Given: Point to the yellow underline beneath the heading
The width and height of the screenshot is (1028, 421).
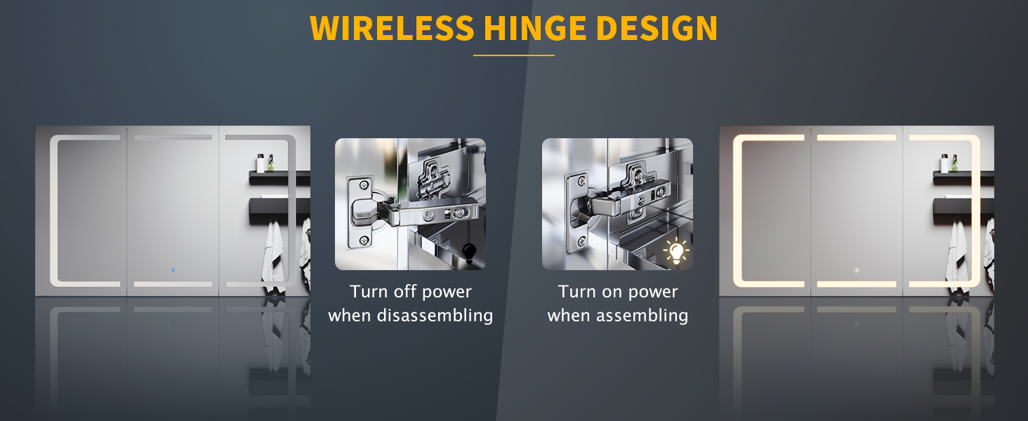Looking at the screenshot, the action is pyautogui.click(x=514, y=55).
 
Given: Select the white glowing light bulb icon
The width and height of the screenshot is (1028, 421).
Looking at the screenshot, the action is pyautogui.click(x=676, y=252).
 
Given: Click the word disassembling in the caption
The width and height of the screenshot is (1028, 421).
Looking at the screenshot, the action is pyautogui.click(x=435, y=316).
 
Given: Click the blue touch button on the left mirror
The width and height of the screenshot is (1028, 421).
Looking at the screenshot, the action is pyautogui.click(x=173, y=270).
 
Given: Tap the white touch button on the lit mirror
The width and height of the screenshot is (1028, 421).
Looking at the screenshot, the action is pyautogui.click(x=857, y=270).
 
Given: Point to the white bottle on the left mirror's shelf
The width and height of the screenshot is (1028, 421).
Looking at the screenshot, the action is pyautogui.click(x=261, y=163).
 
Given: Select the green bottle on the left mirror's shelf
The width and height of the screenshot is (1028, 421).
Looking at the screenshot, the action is pyautogui.click(x=271, y=163).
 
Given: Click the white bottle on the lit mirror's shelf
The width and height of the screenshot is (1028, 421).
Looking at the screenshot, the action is pyautogui.click(x=944, y=163).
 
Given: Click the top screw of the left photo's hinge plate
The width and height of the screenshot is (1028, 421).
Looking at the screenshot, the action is pyautogui.click(x=364, y=185).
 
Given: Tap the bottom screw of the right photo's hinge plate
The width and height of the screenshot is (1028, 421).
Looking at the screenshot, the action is pyautogui.click(x=582, y=240).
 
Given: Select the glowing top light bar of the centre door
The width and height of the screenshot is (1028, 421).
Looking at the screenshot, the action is pyautogui.click(x=857, y=138).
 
